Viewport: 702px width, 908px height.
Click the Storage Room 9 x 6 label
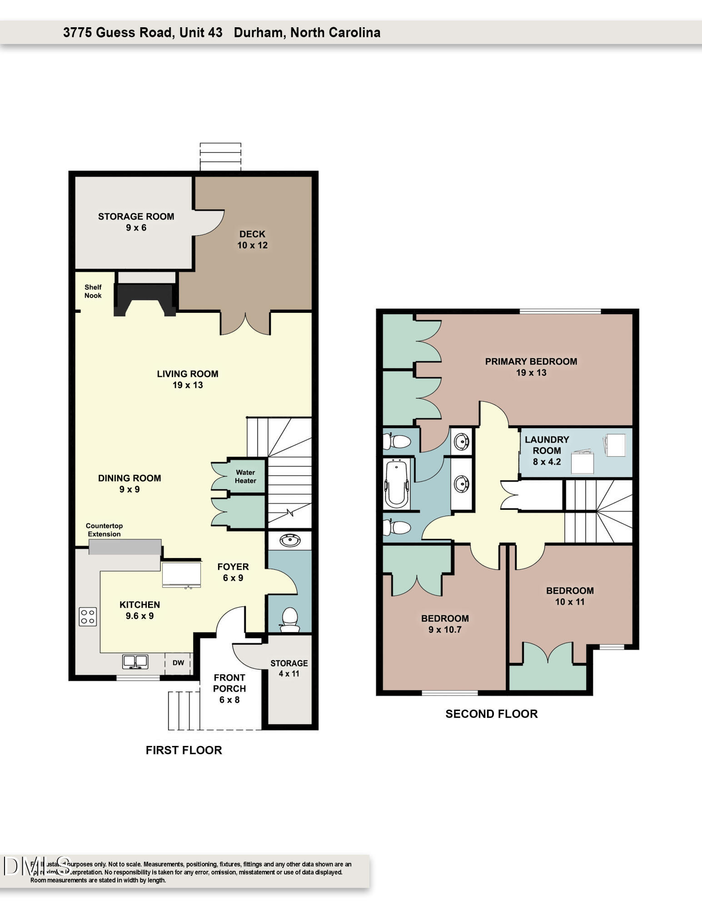136,222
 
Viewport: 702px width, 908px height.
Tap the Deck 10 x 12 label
252,240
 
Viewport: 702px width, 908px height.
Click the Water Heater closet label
245,477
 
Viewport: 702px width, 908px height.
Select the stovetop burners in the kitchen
88,617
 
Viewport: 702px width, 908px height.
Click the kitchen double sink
135,661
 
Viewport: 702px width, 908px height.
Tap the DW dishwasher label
178,663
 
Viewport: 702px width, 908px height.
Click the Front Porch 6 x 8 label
229,689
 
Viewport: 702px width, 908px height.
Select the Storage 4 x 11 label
289,668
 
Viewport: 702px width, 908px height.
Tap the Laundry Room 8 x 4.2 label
547,451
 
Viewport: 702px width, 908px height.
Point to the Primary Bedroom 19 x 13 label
531,367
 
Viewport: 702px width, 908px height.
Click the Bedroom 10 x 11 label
570,596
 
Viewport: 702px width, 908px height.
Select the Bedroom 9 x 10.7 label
444,624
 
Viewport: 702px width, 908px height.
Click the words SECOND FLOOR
491,714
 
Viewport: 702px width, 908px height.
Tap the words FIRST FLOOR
184,750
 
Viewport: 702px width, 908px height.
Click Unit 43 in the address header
201,33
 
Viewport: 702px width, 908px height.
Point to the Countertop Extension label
104,530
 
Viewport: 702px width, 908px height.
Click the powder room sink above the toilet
289,541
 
